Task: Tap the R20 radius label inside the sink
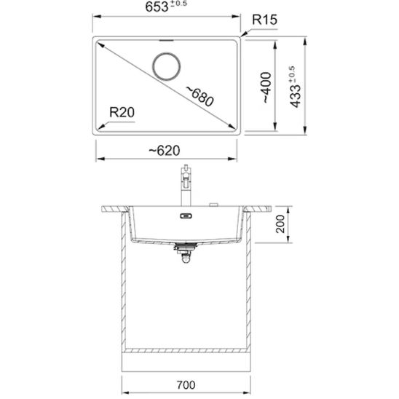122,113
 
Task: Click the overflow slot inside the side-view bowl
186,216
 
